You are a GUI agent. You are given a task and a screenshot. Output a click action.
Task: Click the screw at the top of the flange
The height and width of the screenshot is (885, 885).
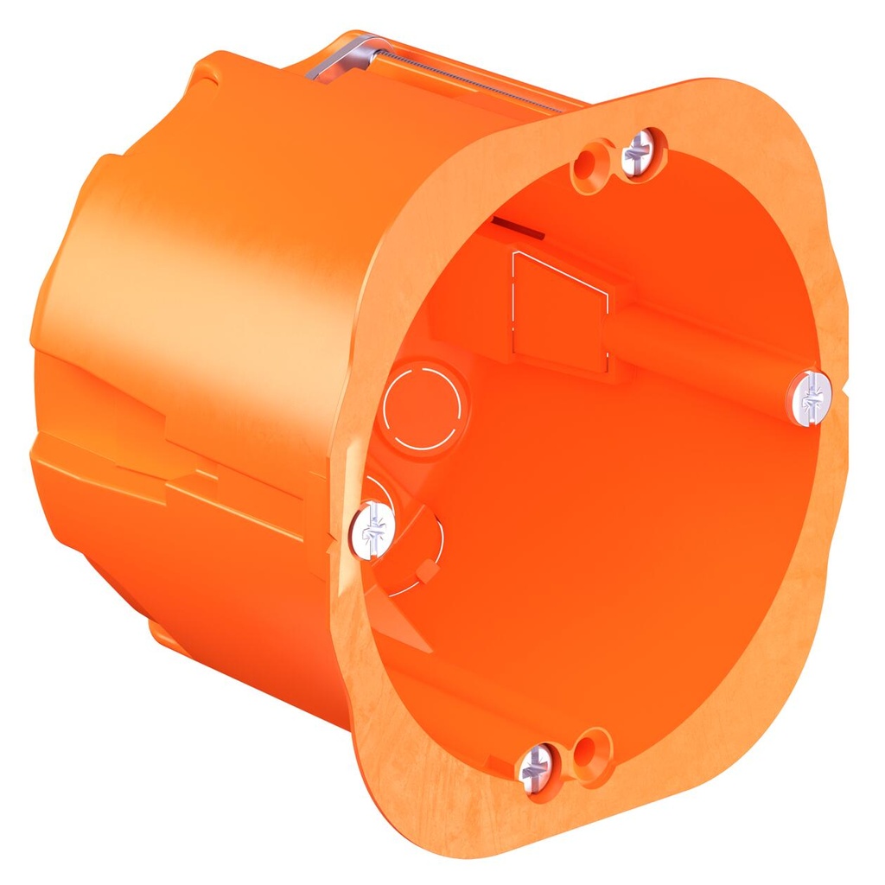click(x=640, y=154)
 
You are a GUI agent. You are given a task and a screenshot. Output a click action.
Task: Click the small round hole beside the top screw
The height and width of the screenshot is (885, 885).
click(x=593, y=163)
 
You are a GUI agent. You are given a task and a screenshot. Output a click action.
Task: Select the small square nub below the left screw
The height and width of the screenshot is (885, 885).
click(x=425, y=570)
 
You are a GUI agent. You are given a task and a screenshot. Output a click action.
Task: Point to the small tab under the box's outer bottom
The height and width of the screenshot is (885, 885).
click(x=164, y=635)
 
